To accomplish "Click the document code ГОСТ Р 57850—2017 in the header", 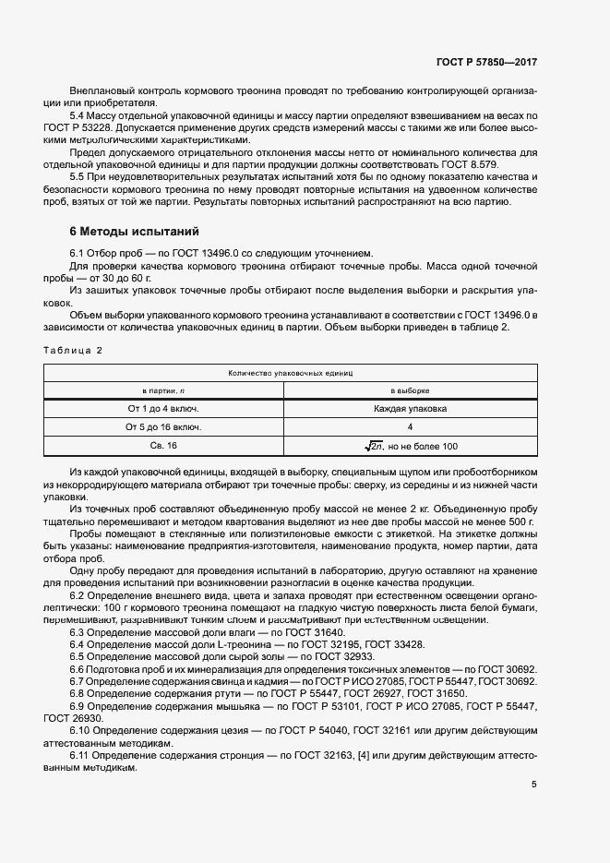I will click(x=486, y=61).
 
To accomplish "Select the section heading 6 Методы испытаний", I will click(x=134, y=231).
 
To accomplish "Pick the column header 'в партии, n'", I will click(x=164, y=390).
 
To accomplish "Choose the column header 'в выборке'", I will click(x=410, y=390).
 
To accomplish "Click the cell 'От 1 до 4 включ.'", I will click(x=164, y=408).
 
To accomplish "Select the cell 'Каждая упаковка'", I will click(x=410, y=408).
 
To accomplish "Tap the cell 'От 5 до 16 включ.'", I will click(x=164, y=427).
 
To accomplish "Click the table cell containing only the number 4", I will click(x=410, y=427).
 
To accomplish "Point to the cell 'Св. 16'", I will click(x=164, y=447).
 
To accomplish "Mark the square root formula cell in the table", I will click(x=410, y=447).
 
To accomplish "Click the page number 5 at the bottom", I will click(x=534, y=785).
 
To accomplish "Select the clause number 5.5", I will click(x=79, y=176).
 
